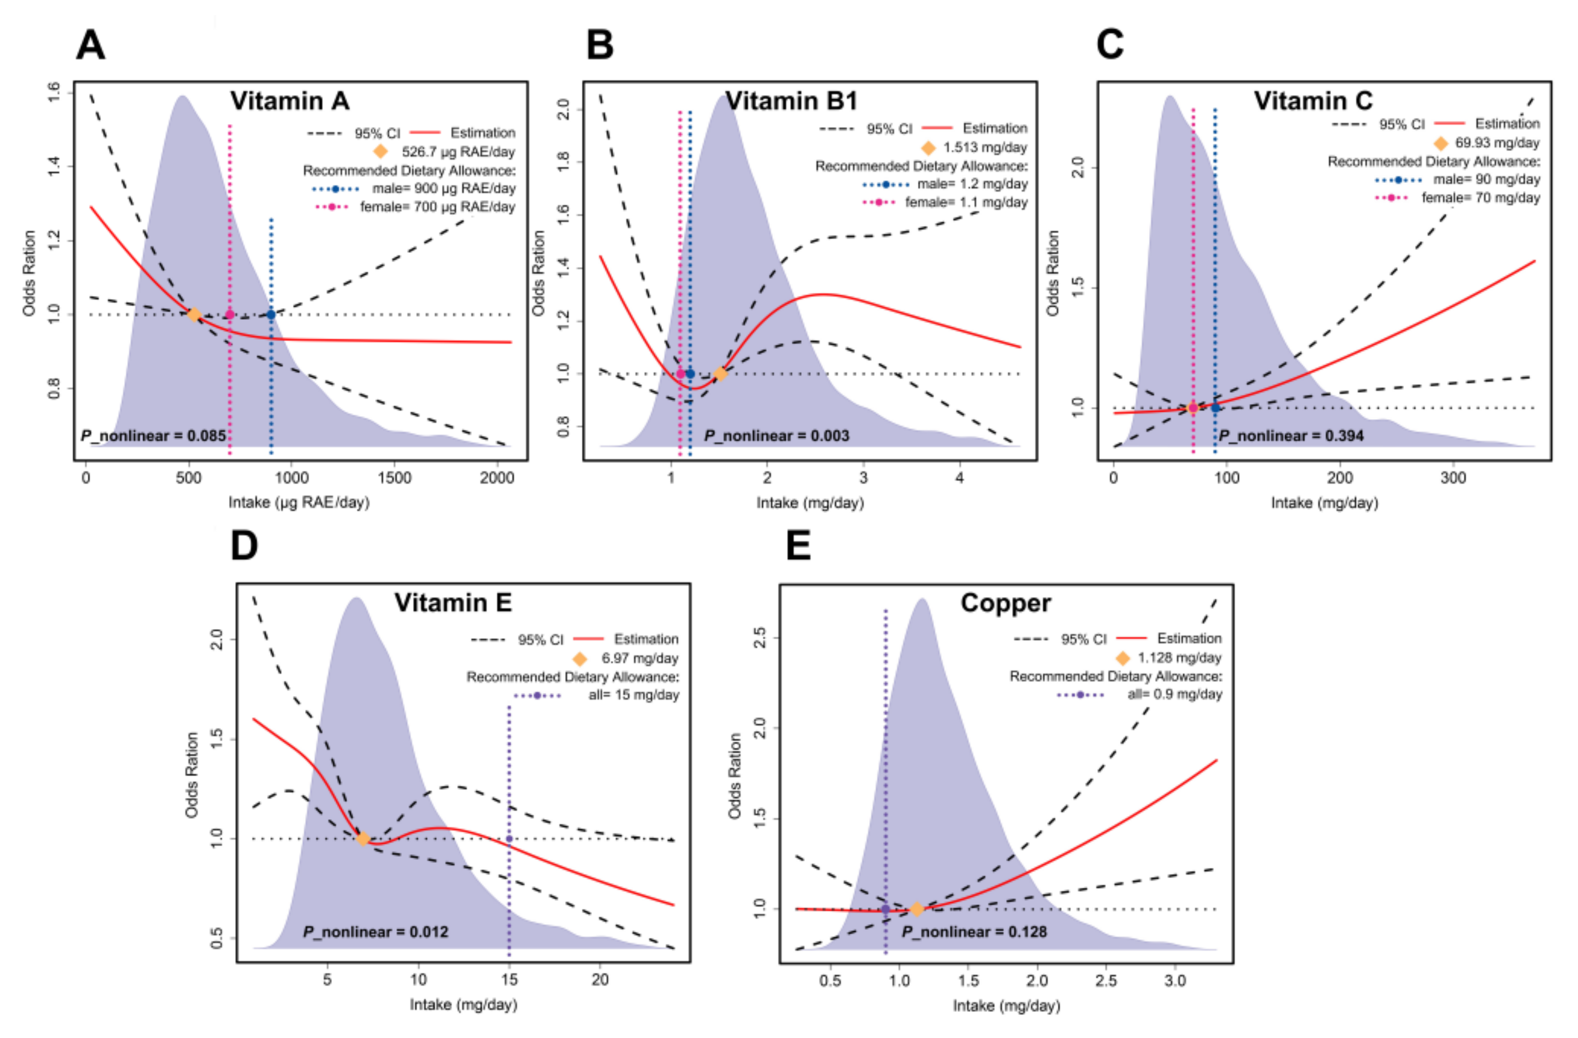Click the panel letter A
pos(91,45)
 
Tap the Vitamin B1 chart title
pos(791,101)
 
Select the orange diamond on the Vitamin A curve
pos(193,315)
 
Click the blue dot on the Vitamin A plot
pos(271,315)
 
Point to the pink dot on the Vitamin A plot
pos(229,315)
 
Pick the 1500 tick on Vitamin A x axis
pos(394,478)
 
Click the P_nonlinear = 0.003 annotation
pos(777,436)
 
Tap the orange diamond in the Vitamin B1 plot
pos(720,374)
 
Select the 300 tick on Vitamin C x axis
pos(1453,478)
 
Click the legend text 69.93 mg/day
pos(1497,143)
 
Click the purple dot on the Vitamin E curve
pos(509,839)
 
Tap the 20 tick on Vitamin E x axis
pos(600,980)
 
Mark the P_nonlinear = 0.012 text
pos(375,932)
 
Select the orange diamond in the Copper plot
pos(917,910)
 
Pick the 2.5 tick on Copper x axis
pos(1106,980)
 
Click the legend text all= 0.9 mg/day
pos(1174,694)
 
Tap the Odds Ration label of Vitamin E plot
pos(192,775)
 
